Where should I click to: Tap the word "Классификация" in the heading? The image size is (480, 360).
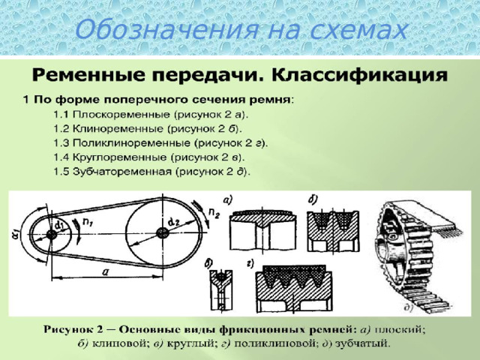pyautogui.click(x=360, y=76)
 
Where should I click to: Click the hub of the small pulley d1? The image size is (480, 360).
pyautogui.click(x=52, y=235)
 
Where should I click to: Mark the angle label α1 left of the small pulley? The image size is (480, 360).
pyautogui.click(x=15, y=235)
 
